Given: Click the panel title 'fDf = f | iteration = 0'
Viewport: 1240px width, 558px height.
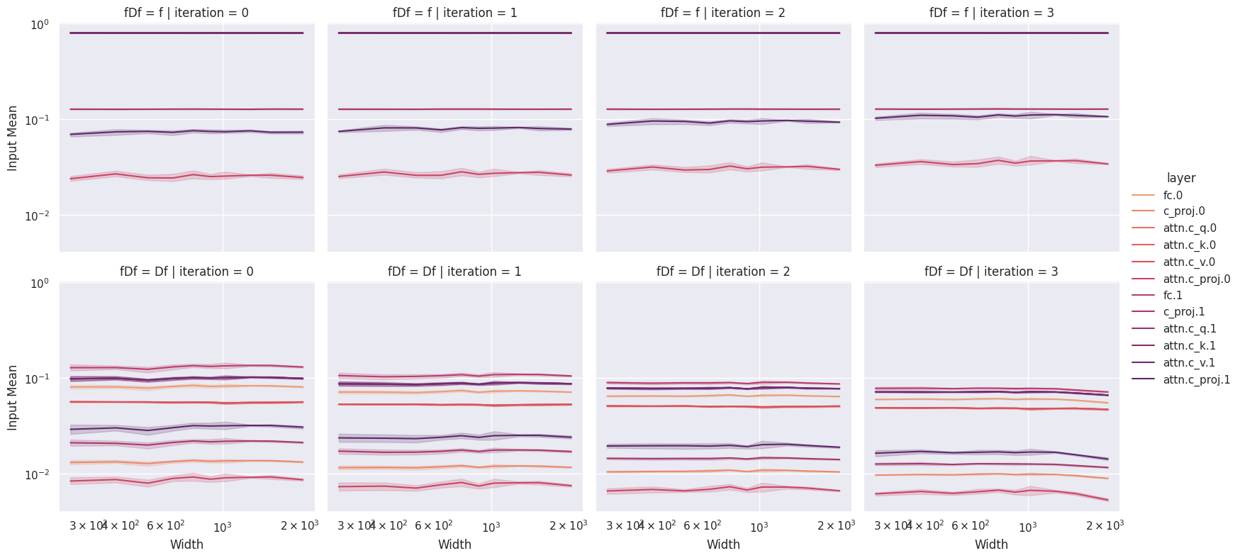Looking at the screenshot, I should tap(186, 13).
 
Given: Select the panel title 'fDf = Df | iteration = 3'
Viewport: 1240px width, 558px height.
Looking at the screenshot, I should tap(991, 272).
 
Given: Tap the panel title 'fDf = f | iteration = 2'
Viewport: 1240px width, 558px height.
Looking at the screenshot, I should tap(723, 13).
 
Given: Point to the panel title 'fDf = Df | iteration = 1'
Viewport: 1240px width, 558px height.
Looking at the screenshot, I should tap(454, 272).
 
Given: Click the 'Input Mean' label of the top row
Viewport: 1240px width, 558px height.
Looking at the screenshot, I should tap(13, 138).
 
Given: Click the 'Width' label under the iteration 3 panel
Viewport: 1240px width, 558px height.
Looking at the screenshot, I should tap(991, 545).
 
